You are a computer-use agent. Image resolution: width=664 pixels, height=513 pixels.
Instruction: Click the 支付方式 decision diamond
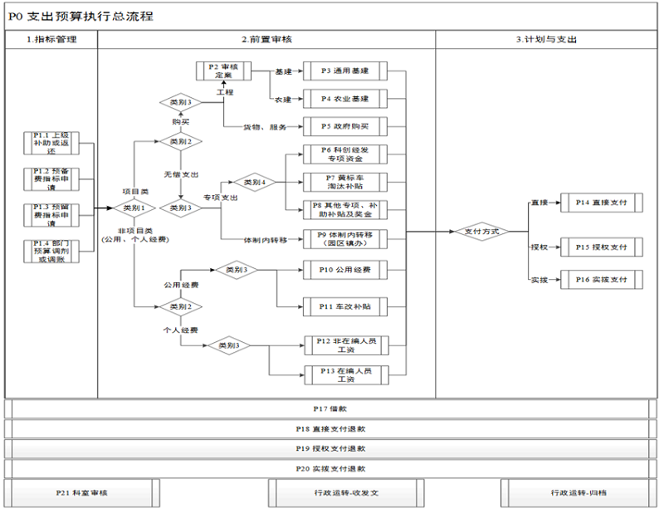click(x=481, y=232)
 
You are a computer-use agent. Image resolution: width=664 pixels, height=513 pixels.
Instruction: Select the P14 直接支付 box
click(x=599, y=202)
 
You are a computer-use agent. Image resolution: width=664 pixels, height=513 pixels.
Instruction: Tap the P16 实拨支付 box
click(x=599, y=280)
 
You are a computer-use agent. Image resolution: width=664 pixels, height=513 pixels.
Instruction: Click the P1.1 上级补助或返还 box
click(x=49, y=143)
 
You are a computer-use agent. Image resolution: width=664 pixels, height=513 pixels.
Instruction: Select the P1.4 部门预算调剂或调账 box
click(x=49, y=252)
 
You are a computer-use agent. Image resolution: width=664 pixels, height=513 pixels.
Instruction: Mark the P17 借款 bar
click(x=330, y=409)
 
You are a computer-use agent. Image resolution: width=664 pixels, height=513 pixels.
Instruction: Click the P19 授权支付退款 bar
click(x=330, y=449)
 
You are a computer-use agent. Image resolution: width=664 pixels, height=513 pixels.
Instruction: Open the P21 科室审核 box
click(x=81, y=493)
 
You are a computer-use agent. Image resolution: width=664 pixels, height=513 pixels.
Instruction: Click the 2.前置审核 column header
click(x=266, y=39)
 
